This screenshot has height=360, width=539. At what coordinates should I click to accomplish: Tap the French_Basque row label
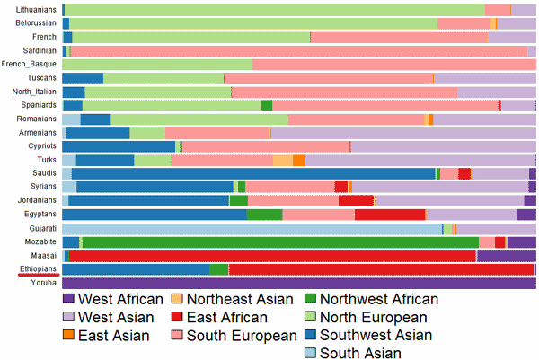[31, 65]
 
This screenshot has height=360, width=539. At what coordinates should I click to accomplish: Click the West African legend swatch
[68, 299]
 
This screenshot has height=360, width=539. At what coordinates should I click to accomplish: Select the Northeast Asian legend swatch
[177, 299]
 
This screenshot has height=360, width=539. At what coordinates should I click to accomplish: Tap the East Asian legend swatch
[68, 336]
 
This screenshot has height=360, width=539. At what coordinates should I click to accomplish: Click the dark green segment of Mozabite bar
[278, 241]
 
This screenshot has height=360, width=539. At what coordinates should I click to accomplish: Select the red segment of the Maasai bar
[269, 256]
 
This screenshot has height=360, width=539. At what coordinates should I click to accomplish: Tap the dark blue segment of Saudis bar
[252, 173]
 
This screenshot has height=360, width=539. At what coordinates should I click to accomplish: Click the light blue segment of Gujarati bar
[252, 228]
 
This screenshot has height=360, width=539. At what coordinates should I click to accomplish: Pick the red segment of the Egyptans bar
[389, 215]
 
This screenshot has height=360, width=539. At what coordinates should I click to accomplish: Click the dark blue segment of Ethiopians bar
[135, 269]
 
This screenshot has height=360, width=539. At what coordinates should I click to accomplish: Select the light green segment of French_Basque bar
[157, 65]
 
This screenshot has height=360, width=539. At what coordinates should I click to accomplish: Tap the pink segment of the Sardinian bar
[296, 51]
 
